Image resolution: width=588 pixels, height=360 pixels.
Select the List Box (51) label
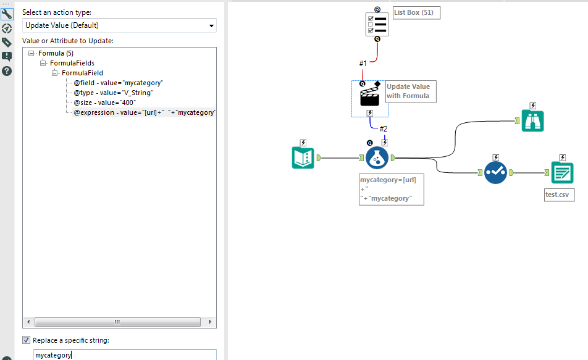point(416,13)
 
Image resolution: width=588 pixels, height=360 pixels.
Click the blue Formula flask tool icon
point(377,157)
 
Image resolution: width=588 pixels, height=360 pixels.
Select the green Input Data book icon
point(303,157)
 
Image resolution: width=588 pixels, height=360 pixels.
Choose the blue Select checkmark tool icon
point(495,173)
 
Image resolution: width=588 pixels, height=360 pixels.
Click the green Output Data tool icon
point(562,173)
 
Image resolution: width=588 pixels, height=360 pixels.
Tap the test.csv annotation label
point(558,195)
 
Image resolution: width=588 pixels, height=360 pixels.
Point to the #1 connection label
point(363,63)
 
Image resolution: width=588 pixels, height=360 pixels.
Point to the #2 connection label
point(383,128)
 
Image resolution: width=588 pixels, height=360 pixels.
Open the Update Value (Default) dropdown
point(119,25)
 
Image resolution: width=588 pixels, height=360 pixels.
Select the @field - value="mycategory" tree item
point(118,82)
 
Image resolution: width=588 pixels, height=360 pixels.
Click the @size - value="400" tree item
point(104,103)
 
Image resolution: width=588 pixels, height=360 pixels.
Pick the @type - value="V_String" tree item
point(113,93)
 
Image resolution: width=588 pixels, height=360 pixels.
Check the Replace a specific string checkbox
point(26,340)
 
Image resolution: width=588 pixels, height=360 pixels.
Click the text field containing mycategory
point(124,355)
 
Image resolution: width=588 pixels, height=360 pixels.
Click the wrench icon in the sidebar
point(7,14)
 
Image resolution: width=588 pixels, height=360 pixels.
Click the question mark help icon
point(7,70)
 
